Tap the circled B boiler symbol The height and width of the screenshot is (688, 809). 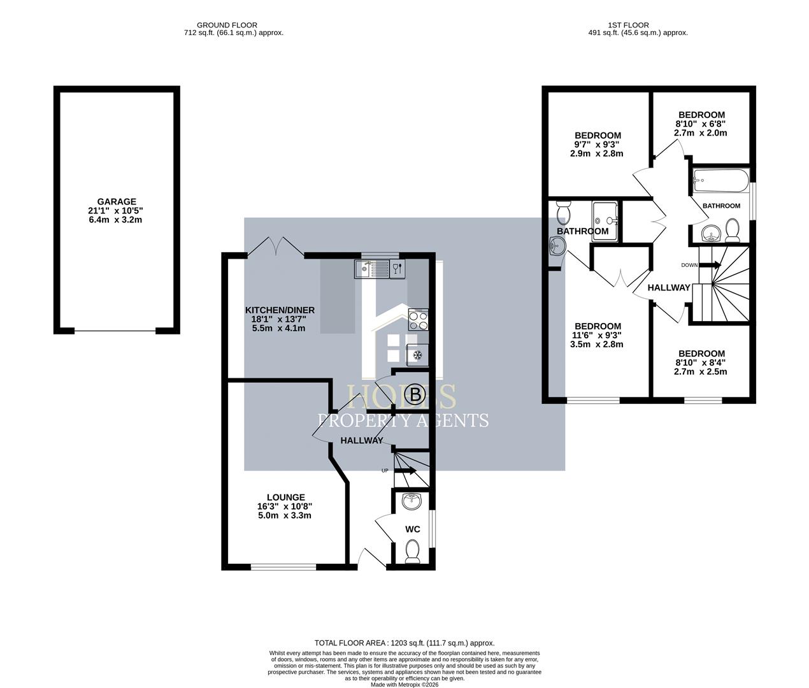coord(416,395)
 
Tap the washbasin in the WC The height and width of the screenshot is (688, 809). coord(413,501)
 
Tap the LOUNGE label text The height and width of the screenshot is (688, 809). coord(285,498)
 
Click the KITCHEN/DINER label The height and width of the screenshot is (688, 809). coord(280,310)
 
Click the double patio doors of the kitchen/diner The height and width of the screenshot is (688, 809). coord(276,247)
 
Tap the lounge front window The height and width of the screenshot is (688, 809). coord(283,566)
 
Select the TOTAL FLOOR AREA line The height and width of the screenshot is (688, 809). coord(404,643)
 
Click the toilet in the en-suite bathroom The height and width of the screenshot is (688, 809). coord(563,211)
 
